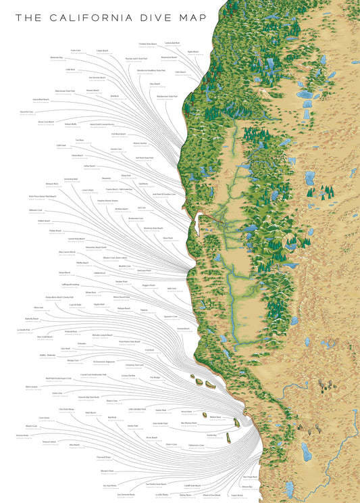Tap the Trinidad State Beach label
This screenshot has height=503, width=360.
(147, 44)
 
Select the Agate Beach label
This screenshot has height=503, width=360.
(193, 51)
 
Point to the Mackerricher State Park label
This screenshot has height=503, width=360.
(166, 96)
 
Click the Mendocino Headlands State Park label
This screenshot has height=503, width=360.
(151, 70)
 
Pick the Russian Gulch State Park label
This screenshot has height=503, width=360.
(140, 58)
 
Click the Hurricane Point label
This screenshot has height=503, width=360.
(138, 270)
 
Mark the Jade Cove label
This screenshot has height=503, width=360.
(171, 288)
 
